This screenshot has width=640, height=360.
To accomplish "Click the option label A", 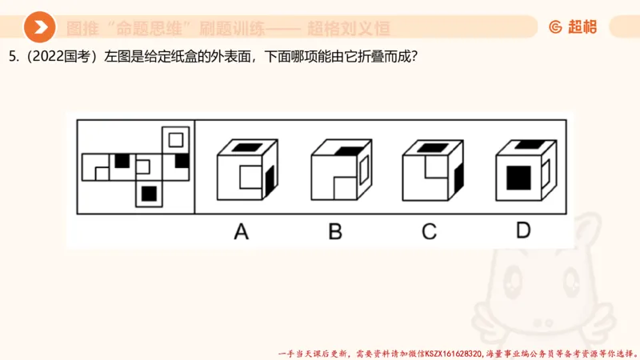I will [241, 232].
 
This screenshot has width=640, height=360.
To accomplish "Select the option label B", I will [335, 232].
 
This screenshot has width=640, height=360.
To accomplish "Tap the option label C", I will [430, 232].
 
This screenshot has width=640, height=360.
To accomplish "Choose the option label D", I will [523, 232].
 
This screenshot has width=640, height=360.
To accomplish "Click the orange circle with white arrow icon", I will [39, 28].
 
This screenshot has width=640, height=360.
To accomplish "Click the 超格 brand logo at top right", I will [573, 27].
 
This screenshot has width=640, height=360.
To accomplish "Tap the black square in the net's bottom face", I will [148, 193].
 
